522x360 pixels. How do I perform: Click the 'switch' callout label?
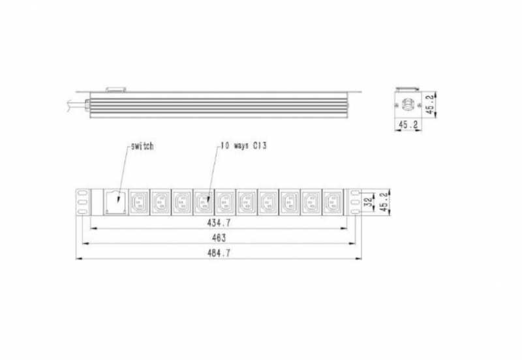142,146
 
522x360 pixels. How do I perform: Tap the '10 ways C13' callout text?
243,145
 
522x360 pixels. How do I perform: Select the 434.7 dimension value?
219,222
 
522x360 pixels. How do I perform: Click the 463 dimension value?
219,237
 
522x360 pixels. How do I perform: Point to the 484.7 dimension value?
219,253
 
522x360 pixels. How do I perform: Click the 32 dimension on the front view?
369,202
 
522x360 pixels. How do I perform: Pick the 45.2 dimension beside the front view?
384,202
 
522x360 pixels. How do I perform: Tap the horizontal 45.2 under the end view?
408,125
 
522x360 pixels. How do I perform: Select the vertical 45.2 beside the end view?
431,104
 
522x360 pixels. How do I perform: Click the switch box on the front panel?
115,202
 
